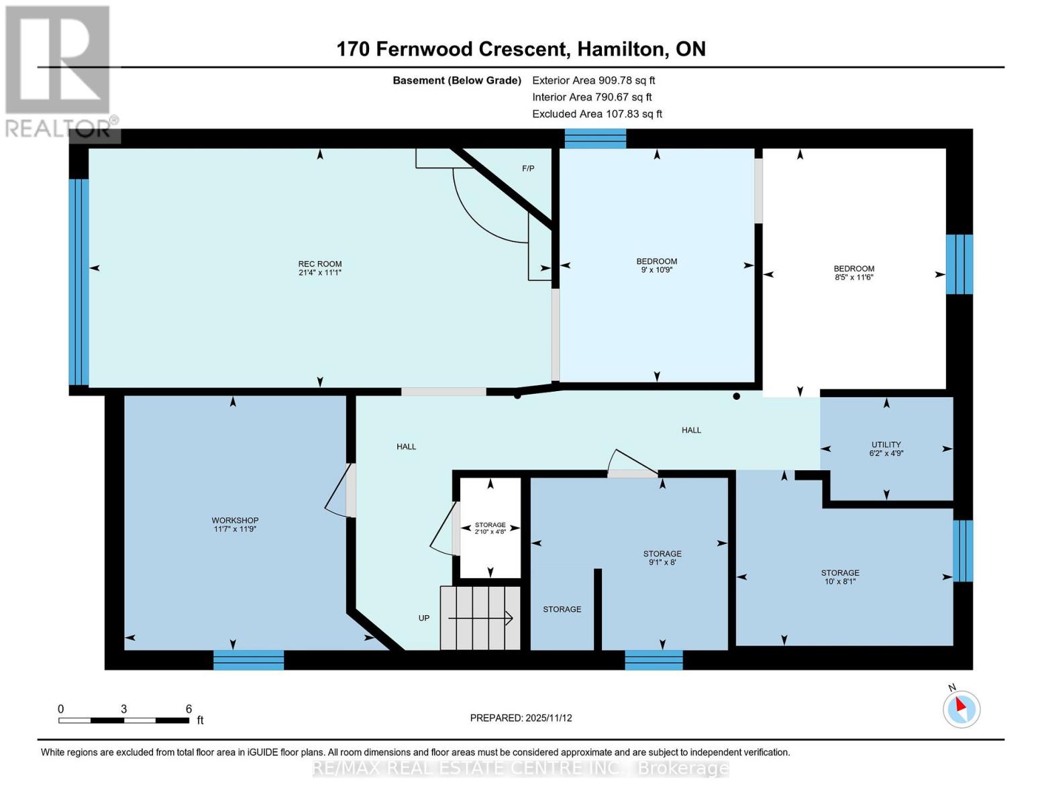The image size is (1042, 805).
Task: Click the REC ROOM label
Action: (320, 264)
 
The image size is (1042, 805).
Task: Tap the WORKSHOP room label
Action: (235, 520)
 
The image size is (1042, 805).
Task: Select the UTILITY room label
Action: (886, 444)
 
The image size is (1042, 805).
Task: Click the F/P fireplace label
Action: (528, 168)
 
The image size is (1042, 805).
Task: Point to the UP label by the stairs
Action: (424, 618)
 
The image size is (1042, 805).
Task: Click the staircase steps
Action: (480, 618)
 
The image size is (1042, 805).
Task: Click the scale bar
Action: (123, 720)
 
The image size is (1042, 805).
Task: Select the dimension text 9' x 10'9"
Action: (657, 270)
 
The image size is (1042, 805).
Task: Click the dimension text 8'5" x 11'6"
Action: (854, 277)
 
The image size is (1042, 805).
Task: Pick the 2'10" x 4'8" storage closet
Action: (490, 528)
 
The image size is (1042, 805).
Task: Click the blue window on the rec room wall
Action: (79, 282)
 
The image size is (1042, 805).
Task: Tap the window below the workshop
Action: (248, 660)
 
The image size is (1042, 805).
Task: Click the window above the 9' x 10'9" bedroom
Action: (595, 138)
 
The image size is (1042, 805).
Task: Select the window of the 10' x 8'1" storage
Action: (963, 551)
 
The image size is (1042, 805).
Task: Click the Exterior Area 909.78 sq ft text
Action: (593, 80)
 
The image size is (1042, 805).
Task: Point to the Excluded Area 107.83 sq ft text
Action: (597, 114)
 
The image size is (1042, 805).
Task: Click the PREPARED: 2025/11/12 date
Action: (521, 718)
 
